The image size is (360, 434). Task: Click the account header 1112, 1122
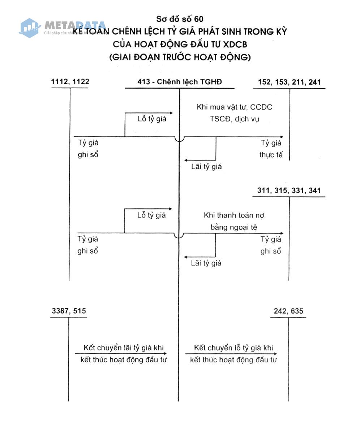[x=70, y=81]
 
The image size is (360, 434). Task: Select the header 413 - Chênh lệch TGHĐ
[x=180, y=82]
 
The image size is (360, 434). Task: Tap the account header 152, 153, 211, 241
[x=289, y=82]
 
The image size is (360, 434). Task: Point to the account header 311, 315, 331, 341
[x=289, y=190]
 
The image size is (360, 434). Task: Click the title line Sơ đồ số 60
[x=180, y=19]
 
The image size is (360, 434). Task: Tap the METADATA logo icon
[x=30, y=28]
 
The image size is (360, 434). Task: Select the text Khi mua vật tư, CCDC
[x=234, y=107]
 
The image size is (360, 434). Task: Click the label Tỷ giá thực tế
[x=271, y=149]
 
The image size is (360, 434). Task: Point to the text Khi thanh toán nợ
[x=234, y=215]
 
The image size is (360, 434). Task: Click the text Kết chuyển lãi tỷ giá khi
[x=124, y=348]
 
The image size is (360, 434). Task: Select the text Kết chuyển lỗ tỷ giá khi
[x=233, y=348]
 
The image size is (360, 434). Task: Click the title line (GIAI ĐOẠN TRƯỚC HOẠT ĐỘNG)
[x=180, y=57]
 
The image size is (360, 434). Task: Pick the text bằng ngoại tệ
[x=234, y=227]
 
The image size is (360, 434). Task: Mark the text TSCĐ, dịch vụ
[x=234, y=119]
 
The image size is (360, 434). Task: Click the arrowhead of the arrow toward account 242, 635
[x=275, y=354]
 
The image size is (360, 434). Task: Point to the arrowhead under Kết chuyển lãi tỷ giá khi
[x=165, y=354]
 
